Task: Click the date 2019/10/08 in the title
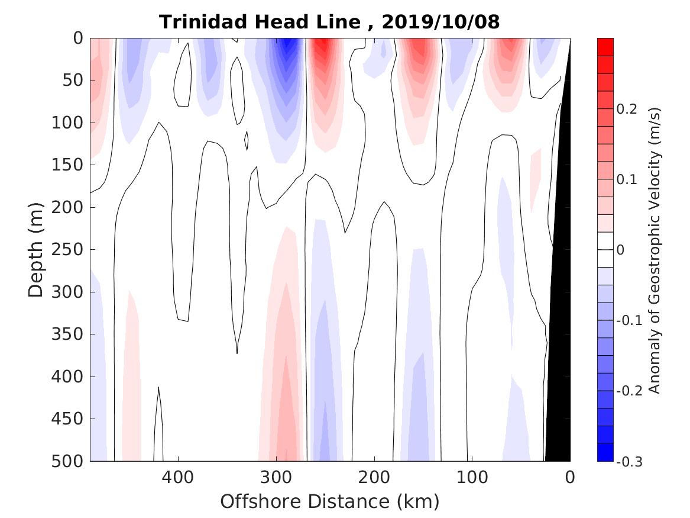[x=440, y=22]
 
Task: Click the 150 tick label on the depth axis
[x=70, y=165]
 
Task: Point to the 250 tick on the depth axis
[x=70, y=250]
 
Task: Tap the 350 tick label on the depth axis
[x=70, y=334]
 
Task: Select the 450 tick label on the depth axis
[x=70, y=419]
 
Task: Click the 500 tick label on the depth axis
[x=70, y=461]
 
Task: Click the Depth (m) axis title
[x=37, y=249]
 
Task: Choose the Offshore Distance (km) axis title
[x=330, y=502]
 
